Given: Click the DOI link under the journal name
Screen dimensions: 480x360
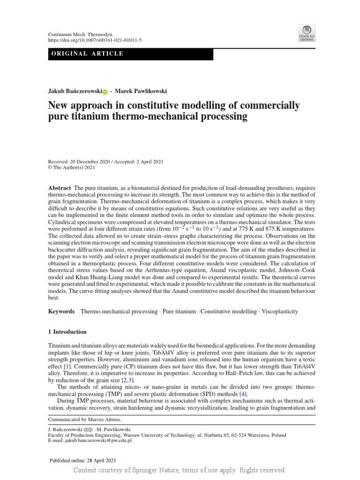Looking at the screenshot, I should (x=95, y=40).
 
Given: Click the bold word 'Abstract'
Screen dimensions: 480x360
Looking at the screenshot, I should (x=60, y=187).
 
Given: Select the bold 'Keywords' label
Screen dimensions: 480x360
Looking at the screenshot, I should (x=62, y=311).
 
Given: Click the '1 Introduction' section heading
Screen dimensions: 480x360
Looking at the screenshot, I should (x=68, y=332).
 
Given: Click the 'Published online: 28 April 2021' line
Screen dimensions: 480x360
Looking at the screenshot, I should (x=82, y=460).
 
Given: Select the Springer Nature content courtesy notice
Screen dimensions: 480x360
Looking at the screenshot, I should (x=180, y=470).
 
